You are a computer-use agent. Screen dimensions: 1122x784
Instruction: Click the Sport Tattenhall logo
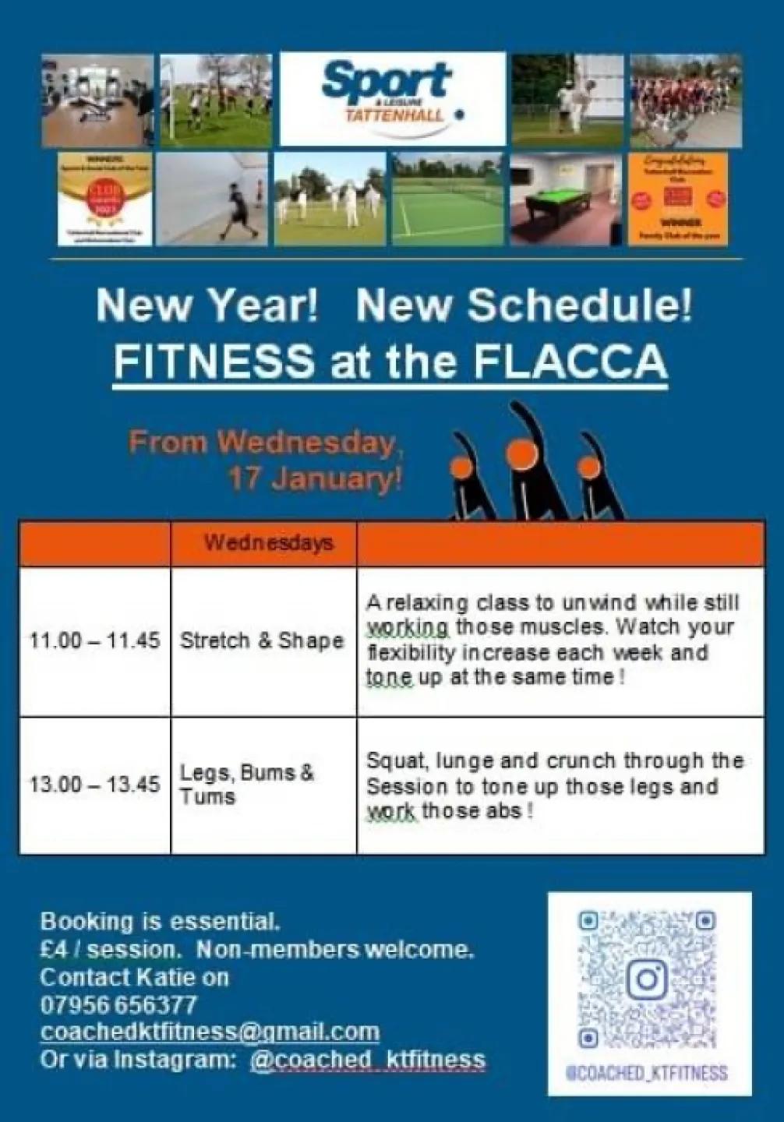point(392,99)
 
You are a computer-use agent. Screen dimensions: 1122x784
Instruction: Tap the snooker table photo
point(567,200)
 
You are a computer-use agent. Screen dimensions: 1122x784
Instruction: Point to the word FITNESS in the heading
point(214,361)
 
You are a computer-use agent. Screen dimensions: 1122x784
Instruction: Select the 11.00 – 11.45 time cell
point(94,641)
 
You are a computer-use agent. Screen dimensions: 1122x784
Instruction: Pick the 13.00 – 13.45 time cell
point(94,784)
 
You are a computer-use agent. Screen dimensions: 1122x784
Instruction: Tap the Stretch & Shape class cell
point(262,641)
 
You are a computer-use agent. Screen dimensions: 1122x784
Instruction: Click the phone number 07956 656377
point(118,1004)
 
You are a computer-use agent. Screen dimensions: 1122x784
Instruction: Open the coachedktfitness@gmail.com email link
point(210,1032)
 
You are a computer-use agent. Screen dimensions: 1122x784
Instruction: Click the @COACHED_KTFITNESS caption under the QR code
point(648,1073)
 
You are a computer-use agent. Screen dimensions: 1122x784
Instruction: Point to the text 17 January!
point(314,478)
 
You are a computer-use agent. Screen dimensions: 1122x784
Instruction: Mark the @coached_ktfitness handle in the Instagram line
point(368,1060)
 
